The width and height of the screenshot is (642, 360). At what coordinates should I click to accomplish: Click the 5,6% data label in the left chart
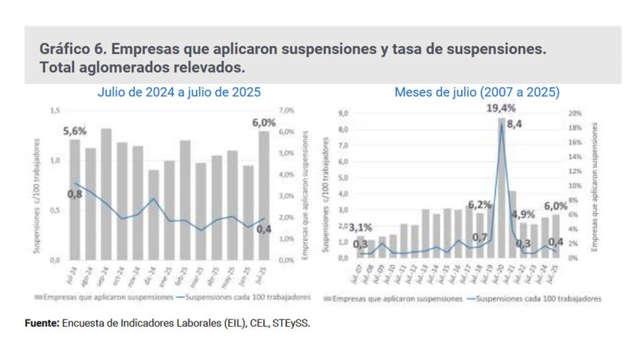pyautogui.click(x=75, y=130)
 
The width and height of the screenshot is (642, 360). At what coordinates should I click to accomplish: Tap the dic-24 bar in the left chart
pyautogui.click(x=153, y=215)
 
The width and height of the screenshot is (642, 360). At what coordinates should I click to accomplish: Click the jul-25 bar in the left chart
pyautogui.click(x=263, y=195)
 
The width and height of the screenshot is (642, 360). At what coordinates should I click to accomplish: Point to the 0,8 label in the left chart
pyautogui.click(x=75, y=194)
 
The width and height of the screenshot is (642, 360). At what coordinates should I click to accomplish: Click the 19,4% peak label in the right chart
pyautogui.click(x=501, y=109)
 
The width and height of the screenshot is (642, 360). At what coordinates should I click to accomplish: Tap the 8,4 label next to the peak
pyautogui.click(x=515, y=124)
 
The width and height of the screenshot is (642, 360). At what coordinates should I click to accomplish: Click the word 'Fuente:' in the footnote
pyautogui.click(x=42, y=323)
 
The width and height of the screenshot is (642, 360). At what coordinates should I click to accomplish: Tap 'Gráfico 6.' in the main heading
pyautogui.click(x=73, y=50)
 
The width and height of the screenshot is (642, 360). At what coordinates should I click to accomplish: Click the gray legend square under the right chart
pyautogui.click(x=327, y=299)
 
